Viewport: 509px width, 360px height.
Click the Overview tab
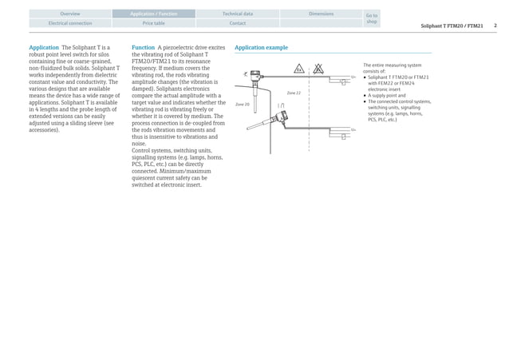pyautogui.click(x=70, y=14)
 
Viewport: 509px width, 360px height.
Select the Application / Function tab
pyautogui.click(x=154, y=14)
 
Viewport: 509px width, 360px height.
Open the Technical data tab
pyautogui.click(x=237, y=14)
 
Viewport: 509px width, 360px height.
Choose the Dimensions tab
pyautogui.click(x=321, y=14)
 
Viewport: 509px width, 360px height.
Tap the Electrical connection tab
pyautogui.click(x=70, y=23)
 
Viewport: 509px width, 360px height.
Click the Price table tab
pyautogui.click(x=154, y=23)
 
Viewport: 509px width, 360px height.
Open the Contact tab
pyautogui.click(x=237, y=23)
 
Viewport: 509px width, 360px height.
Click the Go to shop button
pyautogui.click(x=371, y=18)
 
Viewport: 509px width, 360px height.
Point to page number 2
pyautogui.click(x=495, y=26)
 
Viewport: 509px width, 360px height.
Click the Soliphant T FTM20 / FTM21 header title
pyautogui.click(x=452, y=26)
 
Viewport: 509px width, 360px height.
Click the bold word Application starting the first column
pyautogui.click(x=44, y=48)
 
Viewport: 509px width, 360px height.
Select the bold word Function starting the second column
pyautogui.click(x=144, y=48)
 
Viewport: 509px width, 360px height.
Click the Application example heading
pyautogui.click(x=261, y=48)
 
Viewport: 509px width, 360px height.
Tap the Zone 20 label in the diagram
pyautogui.click(x=242, y=105)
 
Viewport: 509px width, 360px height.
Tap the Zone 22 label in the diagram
pyautogui.click(x=293, y=93)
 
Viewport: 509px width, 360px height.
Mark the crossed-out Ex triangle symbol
pyautogui.click(x=318, y=69)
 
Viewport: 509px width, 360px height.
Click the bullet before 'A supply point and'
pyautogui.click(x=365, y=95)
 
